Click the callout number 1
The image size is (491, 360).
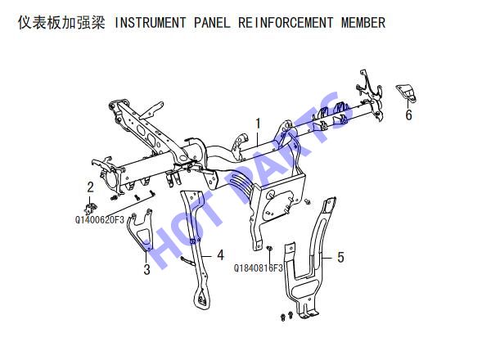point(258,124)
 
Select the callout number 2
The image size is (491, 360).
point(91,187)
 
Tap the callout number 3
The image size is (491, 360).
point(146,269)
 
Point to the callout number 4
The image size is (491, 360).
point(220,255)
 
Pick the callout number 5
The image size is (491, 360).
point(340,258)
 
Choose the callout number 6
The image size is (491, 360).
point(408,115)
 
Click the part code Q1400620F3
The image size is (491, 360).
point(100,220)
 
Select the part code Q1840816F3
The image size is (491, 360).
point(259,268)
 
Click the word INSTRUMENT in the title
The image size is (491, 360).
point(150,23)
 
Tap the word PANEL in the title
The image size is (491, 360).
point(212,23)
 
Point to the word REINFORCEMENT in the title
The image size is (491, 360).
point(286,23)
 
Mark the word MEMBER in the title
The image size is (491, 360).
point(363,23)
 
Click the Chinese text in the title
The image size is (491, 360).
point(61,23)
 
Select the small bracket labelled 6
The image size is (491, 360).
point(407,92)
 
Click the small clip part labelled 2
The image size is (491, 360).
point(91,208)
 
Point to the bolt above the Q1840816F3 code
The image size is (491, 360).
point(269,248)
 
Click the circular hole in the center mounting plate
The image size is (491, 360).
point(271,194)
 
